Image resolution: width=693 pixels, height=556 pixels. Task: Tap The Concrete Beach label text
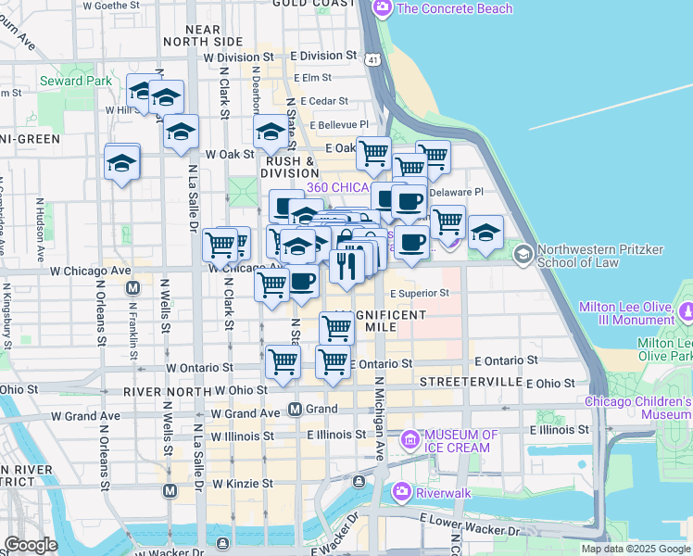pos(454,8)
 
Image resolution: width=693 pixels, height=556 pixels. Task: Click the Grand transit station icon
pos(296,409)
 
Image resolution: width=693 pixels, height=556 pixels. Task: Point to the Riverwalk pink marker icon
pos(402,491)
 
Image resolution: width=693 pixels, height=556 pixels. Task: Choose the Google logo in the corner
pos(31,545)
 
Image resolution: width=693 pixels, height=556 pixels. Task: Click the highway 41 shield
pos(372,59)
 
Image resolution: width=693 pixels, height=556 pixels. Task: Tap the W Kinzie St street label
pos(243,484)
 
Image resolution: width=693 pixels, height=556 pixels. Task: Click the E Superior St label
pos(419,293)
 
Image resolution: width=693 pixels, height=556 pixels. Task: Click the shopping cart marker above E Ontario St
pos(332,360)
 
